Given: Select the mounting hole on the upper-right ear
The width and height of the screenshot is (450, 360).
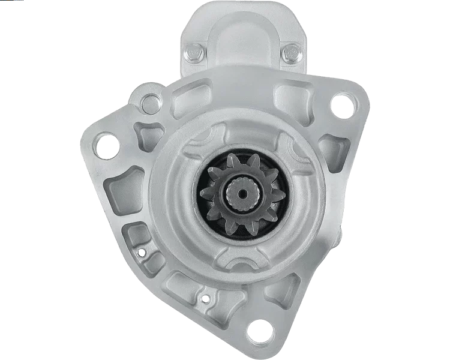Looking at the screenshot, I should coord(341,106).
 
